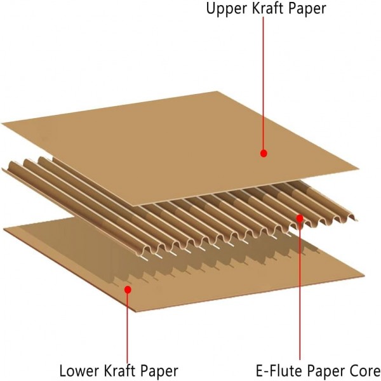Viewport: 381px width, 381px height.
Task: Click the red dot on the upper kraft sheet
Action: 264,153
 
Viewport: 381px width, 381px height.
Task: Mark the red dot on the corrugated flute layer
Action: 300,217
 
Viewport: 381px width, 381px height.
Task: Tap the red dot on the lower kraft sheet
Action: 128,289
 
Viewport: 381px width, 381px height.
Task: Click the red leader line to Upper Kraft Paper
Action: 264,83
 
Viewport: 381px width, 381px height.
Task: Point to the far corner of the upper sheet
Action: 222,91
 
